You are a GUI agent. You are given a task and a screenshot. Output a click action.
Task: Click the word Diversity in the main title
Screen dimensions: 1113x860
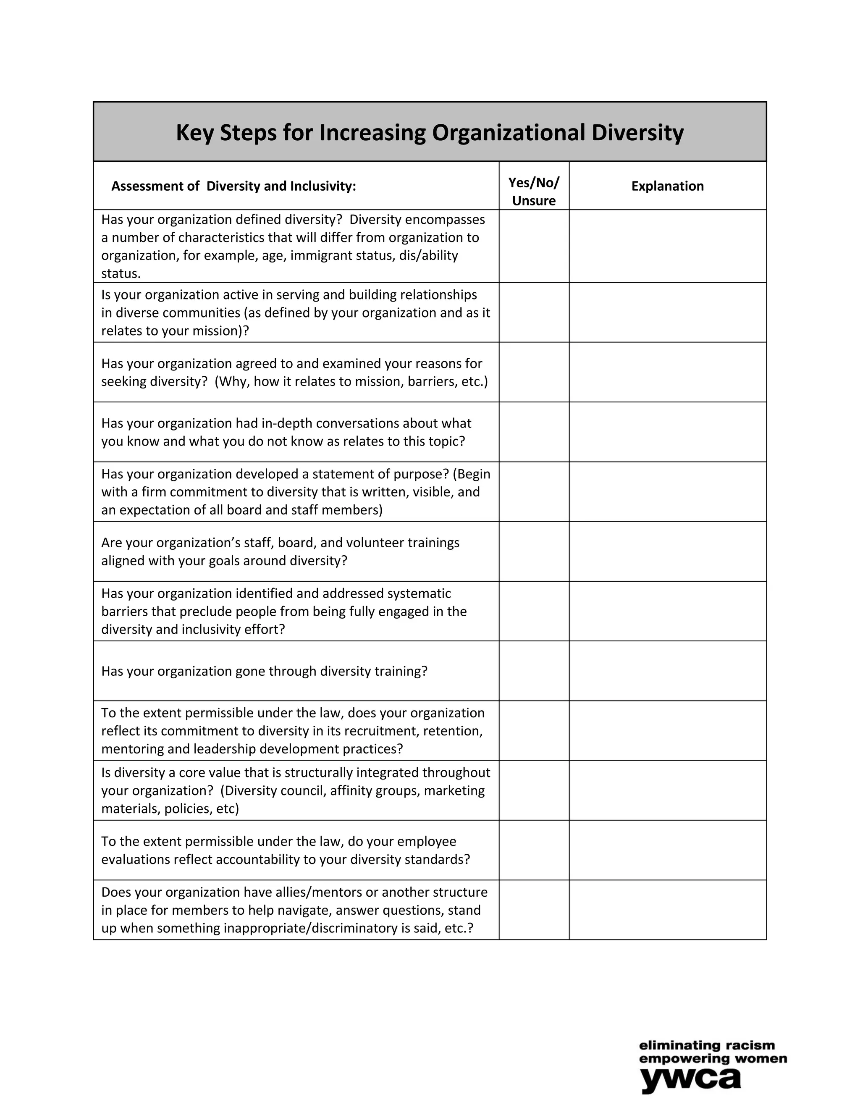click(637, 132)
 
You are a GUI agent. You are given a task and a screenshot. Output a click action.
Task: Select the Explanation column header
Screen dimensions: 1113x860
click(667, 186)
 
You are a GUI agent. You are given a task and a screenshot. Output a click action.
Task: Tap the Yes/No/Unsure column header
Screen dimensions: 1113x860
click(533, 191)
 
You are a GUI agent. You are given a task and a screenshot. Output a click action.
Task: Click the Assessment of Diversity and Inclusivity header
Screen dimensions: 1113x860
click(233, 186)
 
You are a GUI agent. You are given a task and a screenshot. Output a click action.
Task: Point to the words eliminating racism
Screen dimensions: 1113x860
click(707, 1046)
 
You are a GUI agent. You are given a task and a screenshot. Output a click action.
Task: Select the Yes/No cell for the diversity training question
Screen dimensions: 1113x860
click(533, 671)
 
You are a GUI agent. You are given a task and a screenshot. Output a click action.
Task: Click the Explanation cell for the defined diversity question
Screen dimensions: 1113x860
click(667, 246)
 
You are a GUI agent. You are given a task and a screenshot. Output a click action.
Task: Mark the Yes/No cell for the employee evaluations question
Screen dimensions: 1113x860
click(533, 850)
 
